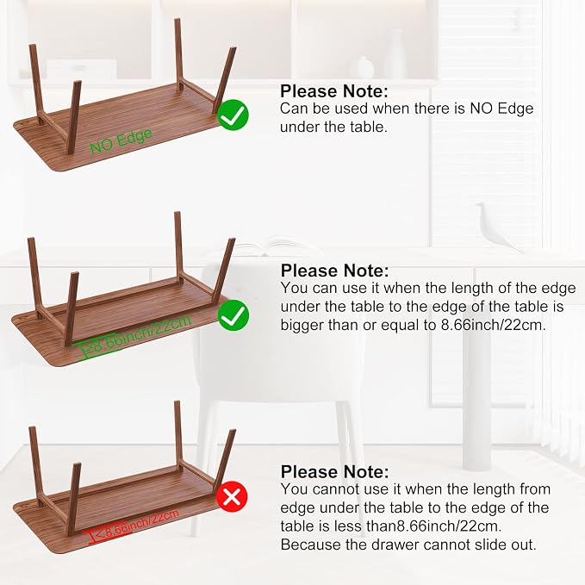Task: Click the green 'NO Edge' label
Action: coord(121,140)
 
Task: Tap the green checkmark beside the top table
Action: coord(233,115)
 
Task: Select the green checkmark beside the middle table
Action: coord(233,315)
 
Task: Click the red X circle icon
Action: coord(233,497)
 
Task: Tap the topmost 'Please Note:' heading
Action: coord(334,91)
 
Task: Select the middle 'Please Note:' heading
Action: coord(334,271)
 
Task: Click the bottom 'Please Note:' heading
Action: coord(334,471)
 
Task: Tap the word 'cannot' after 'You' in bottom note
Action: coord(338,489)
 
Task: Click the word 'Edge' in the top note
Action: coord(515,109)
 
